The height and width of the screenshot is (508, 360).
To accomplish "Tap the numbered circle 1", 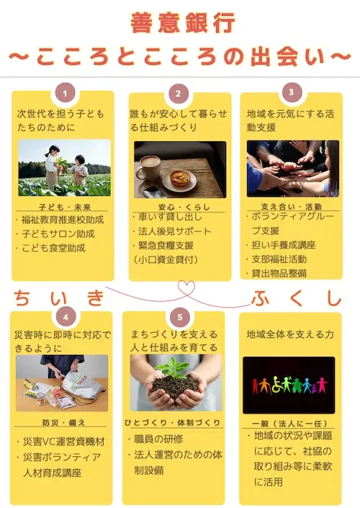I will pos(66,93).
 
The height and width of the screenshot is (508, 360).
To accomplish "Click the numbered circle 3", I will pos(291,92).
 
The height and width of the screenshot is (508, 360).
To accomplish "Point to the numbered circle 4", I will pos(66,316).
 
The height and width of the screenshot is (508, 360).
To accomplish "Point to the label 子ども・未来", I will pos(64,204).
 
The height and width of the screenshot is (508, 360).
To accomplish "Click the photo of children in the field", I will pos(65,168).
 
